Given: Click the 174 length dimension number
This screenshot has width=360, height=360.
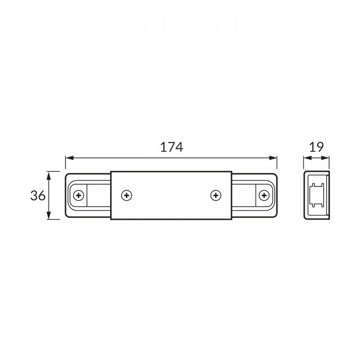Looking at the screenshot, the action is point(171,147).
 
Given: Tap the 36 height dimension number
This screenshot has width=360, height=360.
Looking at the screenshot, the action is point(38,196).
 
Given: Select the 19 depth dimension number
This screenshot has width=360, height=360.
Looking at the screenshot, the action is point(316,147).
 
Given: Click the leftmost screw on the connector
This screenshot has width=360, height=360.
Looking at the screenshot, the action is point(78,196).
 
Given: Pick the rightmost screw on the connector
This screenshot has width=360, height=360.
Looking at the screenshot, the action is point(264,196).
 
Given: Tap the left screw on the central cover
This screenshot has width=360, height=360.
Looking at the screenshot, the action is point(126,196).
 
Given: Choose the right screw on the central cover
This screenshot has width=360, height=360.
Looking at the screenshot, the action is point(216,196).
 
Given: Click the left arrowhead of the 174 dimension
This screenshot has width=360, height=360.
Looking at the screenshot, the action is point(69,158).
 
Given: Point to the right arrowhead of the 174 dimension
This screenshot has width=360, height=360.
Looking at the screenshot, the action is point(273,158).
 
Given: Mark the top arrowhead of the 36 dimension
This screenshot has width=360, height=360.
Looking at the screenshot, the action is point(49,175).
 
